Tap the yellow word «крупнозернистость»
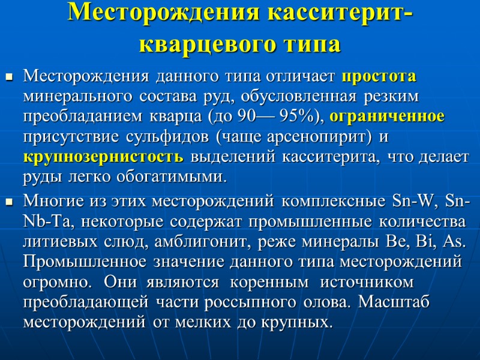click(x=104, y=157)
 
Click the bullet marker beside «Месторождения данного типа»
click(x=9, y=77)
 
